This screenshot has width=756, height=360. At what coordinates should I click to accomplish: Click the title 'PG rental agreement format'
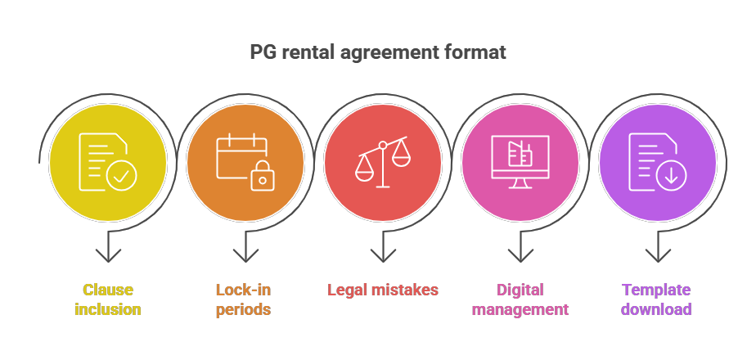pos(378,52)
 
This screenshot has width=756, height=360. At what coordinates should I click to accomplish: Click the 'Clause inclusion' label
pos(108,299)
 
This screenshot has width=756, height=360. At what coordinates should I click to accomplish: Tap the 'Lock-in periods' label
pos(243,299)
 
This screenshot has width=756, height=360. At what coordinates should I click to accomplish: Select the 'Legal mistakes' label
pos(383,290)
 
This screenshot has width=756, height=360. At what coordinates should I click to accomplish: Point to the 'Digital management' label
pos(520,299)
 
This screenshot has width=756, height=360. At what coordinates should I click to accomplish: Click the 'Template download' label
pos(656,299)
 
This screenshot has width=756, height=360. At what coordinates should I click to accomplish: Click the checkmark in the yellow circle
pos(121,176)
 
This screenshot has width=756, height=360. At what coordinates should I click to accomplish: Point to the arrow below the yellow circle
pos(108,248)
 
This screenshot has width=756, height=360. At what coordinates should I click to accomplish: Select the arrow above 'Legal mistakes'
pos(383,248)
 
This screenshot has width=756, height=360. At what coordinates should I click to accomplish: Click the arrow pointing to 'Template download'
pos(658,248)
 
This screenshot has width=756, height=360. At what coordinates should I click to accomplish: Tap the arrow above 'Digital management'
pos(520,248)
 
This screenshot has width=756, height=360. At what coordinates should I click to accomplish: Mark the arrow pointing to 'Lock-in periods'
pos(245,248)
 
